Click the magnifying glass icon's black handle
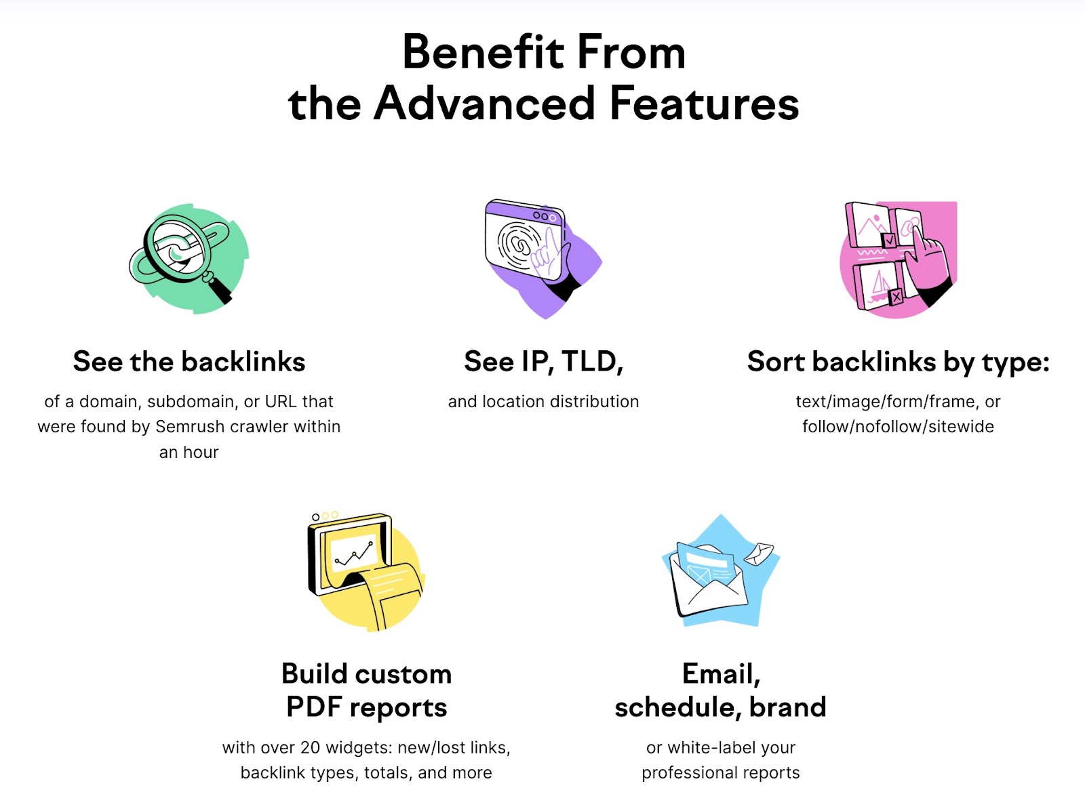coord(220,291)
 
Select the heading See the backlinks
coord(189,362)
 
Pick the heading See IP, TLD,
coord(543,362)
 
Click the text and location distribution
coord(543,402)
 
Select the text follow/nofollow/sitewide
coord(898,427)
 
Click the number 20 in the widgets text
coord(310,748)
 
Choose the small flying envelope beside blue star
coord(759,554)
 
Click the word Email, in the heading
coord(721,674)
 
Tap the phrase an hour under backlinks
coord(189,453)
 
